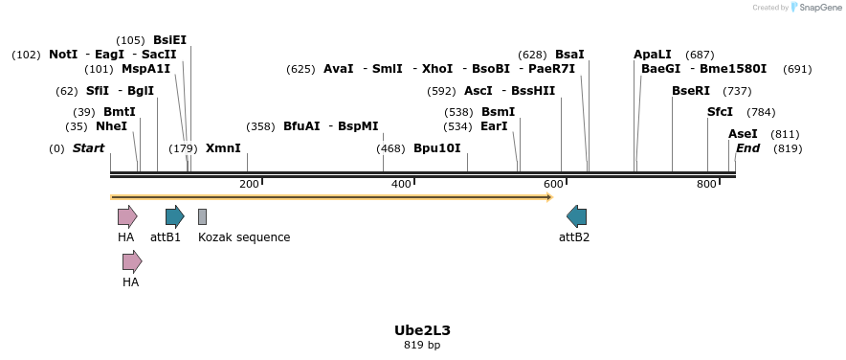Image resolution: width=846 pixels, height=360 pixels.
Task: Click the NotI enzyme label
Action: (63, 55)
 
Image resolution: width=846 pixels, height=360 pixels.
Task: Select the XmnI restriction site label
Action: (223, 148)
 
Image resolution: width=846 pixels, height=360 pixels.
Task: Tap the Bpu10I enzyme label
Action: (436, 148)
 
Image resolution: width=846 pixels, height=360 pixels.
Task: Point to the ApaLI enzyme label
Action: (653, 55)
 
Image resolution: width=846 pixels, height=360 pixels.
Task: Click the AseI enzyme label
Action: (743, 134)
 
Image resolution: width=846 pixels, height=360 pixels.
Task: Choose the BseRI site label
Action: (691, 91)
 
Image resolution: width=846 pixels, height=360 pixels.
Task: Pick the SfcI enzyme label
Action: (720, 112)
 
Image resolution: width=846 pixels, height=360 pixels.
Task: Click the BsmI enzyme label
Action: (498, 112)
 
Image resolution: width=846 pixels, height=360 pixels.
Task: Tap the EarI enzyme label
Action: (494, 126)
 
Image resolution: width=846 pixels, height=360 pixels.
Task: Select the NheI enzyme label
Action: (111, 126)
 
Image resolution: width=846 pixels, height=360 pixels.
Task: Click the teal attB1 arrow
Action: (174, 216)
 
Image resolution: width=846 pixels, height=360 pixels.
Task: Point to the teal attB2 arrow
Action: (576, 216)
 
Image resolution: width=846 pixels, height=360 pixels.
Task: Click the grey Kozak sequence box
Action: (202, 216)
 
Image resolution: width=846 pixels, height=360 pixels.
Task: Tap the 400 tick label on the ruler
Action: (401, 184)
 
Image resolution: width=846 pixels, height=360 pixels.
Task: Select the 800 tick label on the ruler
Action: (706, 184)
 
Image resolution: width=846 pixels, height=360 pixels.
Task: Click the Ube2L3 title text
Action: (422, 330)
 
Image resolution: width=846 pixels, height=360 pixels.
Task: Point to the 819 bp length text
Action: (422, 345)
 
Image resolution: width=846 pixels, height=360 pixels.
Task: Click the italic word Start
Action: (88, 148)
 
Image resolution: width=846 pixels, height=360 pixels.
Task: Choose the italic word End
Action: (747, 148)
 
